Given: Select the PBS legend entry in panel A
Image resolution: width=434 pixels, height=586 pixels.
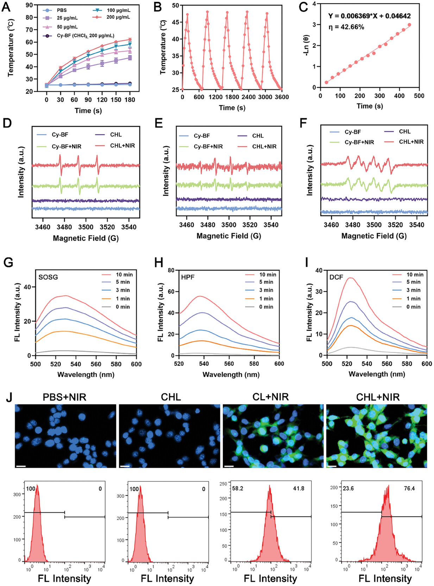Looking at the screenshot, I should pos(62,10).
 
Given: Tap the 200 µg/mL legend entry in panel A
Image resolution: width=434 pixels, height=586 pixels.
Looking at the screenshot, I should pos(118,17).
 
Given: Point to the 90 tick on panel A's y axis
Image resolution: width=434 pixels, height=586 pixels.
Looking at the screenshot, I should pos(29,5).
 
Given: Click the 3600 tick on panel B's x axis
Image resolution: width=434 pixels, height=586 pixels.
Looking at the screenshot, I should pos(282,97).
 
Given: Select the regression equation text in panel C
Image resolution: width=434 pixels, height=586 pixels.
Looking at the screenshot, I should pos(369,16).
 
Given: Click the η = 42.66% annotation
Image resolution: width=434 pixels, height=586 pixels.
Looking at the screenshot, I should pos(346,27).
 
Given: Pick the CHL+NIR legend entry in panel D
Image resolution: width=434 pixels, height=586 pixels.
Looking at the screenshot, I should pos(122,145).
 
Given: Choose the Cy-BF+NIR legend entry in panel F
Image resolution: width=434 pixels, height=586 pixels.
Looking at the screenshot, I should pos(359,142).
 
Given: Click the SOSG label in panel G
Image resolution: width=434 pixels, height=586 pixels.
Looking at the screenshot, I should pos(48,277).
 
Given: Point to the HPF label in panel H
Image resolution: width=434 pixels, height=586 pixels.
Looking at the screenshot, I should pos(188,277).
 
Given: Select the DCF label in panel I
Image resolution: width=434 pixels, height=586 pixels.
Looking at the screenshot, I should pos(336,277).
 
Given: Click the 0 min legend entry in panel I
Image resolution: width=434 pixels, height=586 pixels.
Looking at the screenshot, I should pos(415,307).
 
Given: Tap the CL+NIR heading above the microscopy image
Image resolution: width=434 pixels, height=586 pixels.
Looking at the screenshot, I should pos(270,397).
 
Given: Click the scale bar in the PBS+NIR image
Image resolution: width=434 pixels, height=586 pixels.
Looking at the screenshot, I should pos(21,466).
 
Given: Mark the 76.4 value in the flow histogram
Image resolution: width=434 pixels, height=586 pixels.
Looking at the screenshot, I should pos(409,489).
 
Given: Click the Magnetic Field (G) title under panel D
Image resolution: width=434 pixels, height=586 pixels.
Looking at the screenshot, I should pos(86,238).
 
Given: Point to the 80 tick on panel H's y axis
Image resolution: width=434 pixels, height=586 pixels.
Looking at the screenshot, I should pos(171,270).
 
